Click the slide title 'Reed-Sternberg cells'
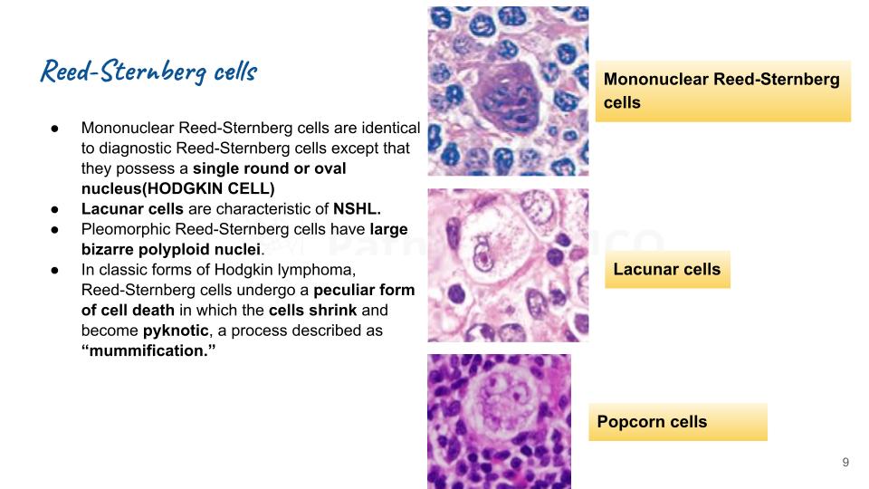coord(148,72)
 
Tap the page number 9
coord(845,463)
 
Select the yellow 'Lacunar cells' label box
coord(667,269)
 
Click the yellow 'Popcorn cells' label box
coord(677,422)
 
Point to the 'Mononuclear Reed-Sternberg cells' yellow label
coord(722,91)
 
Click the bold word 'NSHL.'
coord(358,208)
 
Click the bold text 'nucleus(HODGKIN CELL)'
coord(177,187)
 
